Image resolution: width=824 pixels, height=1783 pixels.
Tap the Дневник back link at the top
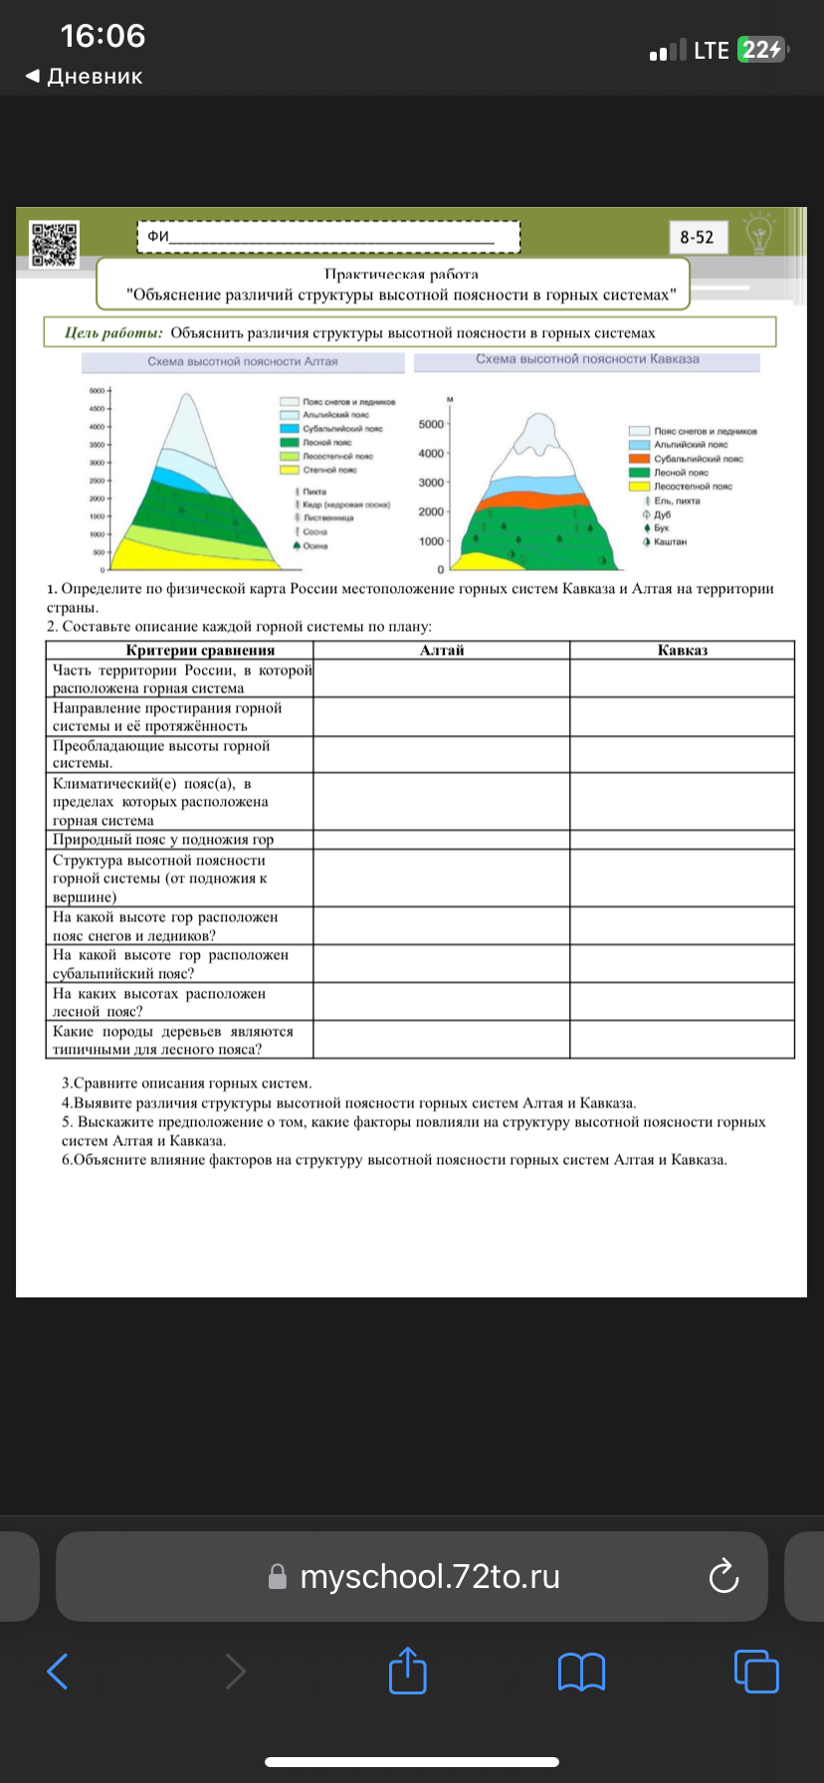point(85,77)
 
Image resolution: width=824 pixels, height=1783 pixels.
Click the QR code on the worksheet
point(54,244)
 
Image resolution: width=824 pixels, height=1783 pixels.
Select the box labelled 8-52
point(697,237)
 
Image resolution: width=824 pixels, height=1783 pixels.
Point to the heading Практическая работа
point(401,274)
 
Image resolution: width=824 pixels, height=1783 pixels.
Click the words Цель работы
point(113,333)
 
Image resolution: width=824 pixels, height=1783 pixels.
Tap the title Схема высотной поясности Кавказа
point(587,359)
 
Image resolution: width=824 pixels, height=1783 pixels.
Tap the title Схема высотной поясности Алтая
point(243,361)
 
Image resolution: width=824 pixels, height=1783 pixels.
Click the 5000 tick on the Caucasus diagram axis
point(431,424)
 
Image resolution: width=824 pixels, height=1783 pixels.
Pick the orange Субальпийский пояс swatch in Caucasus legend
point(639,459)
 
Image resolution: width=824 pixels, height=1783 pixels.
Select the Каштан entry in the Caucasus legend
point(670,542)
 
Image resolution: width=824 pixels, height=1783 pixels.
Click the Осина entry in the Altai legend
point(314,545)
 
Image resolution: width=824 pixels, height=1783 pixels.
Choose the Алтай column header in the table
point(442,650)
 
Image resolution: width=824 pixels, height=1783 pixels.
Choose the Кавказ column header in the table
point(683,650)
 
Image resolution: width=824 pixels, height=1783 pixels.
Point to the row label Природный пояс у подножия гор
point(163,839)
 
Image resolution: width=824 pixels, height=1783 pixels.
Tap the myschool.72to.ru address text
point(430,1577)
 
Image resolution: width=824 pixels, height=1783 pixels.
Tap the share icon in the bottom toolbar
point(407,1671)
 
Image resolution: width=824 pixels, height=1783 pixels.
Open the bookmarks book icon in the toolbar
point(582,1672)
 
